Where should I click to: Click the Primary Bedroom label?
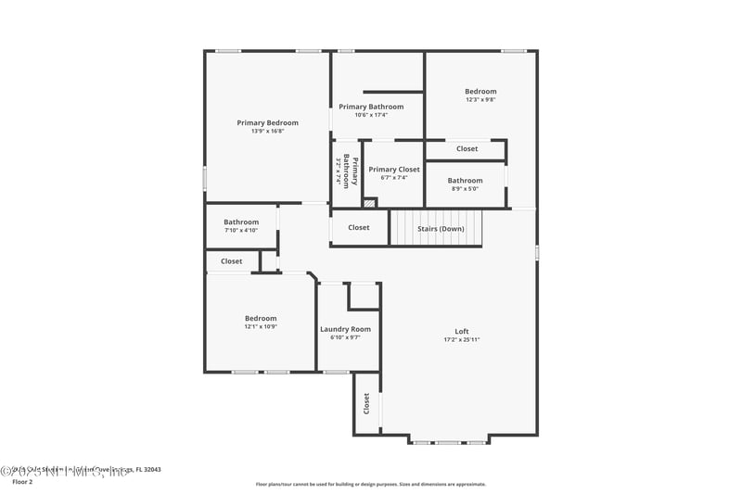pos(267,123)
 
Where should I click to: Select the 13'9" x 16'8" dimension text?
pos(267,132)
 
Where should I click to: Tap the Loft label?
pos(461,332)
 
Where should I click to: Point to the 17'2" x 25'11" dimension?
pos(461,340)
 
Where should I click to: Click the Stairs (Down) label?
pos(440,228)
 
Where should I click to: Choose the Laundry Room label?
pos(345,329)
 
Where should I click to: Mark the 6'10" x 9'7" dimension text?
pos(345,337)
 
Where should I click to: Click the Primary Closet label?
pos(394,170)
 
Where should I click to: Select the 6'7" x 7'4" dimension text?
pos(394,178)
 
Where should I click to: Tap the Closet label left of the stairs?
pos(358,228)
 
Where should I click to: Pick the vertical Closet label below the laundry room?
pos(366,403)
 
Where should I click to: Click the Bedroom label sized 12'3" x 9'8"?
pos(480,91)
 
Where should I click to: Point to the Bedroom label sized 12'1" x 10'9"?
pos(261,319)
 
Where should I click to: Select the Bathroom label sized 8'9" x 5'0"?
pos(465,181)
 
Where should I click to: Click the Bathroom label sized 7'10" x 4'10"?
pos(240,222)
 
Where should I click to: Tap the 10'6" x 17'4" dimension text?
pos(371,115)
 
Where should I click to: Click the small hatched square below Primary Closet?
pos(369,203)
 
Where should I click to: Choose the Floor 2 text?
pos(21,482)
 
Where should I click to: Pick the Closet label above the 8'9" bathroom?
pos(467,148)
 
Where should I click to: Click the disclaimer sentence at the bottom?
pos(370,484)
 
